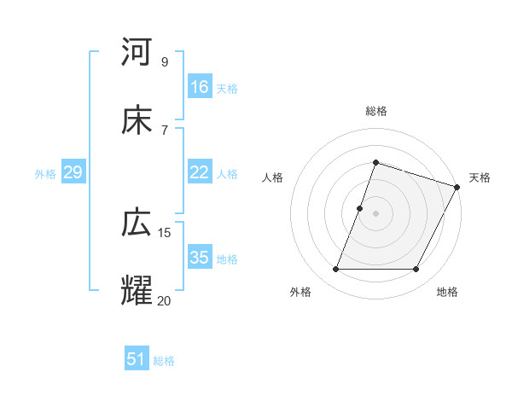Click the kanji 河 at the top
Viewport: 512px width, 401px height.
(137, 54)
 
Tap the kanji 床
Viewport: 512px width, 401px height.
(137, 120)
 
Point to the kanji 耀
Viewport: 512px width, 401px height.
(137, 291)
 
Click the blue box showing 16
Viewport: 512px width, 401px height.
(200, 87)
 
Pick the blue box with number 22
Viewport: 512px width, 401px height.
(200, 172)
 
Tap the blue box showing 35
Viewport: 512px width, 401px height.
(200, 258)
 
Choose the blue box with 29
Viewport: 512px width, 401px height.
(73, 172)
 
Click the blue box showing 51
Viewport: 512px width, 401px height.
(137, 359)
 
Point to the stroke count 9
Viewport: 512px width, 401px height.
(164, 61)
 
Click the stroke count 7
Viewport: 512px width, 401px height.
(164, 129)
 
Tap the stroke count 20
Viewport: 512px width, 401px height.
(165, 299)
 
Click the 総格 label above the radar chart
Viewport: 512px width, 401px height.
(376, 111)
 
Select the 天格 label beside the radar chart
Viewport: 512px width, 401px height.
(480, 177)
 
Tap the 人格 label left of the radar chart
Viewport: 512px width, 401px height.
(272, 177)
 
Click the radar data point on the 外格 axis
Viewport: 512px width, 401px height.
(335, 270)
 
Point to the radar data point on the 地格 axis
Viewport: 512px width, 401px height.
(416, 270)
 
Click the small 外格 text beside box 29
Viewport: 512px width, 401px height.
(45, 173)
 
